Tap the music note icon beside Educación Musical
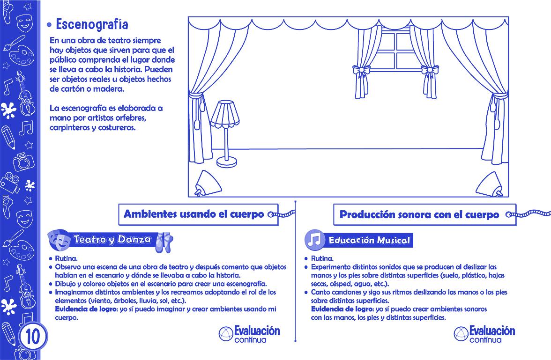point(314,240)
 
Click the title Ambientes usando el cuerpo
point(193,215)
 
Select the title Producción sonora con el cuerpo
point(419,215)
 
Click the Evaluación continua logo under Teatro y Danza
point(250,334)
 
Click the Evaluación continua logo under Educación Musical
point(484,334)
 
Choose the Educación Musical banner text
point(369,241)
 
